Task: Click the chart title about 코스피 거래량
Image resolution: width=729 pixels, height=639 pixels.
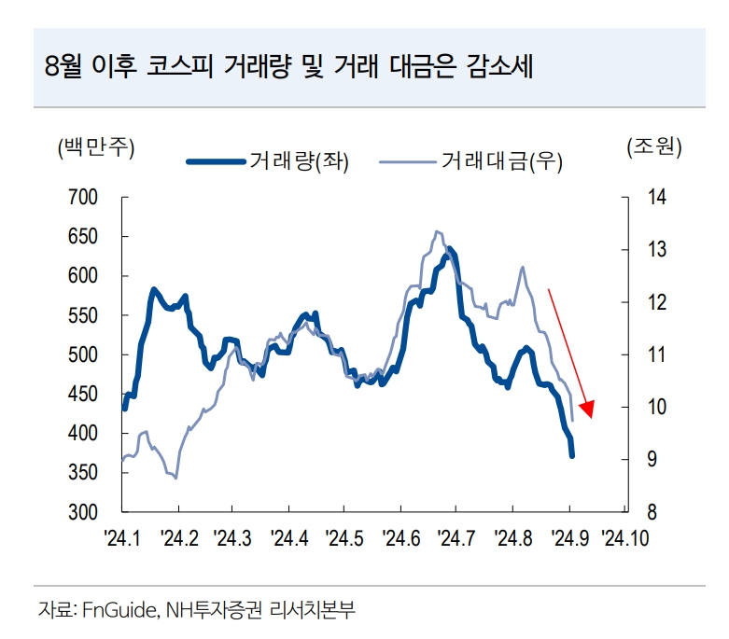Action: coord(288,67)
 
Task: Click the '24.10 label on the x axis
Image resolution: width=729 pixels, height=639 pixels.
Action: coord(624,537)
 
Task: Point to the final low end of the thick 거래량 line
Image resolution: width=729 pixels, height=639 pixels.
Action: coord(572,455)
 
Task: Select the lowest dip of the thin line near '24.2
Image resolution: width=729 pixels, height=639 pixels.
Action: coord(175,478)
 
